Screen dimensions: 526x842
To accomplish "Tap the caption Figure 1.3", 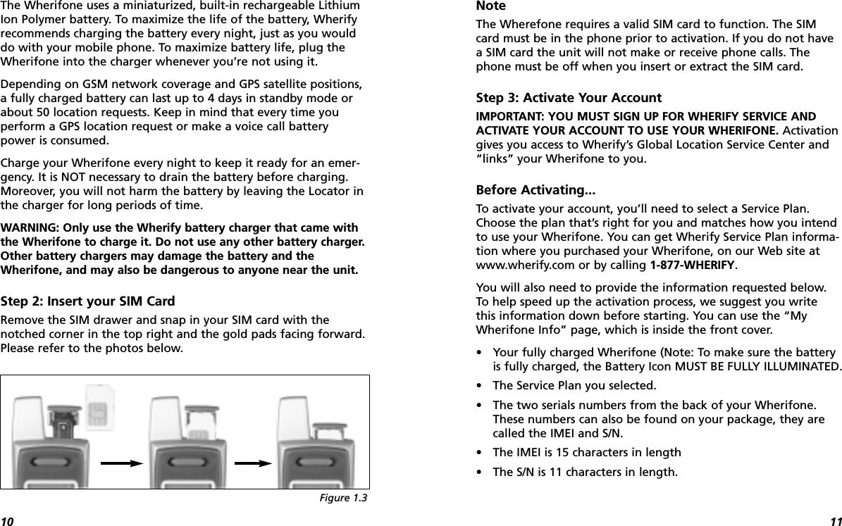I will [x=349, y=499].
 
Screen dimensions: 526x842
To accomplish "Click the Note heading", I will [x=491, y=6].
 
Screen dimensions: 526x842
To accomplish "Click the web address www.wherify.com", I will [x=520, y=265].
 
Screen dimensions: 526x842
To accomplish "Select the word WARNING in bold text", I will [x=30, y=228].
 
